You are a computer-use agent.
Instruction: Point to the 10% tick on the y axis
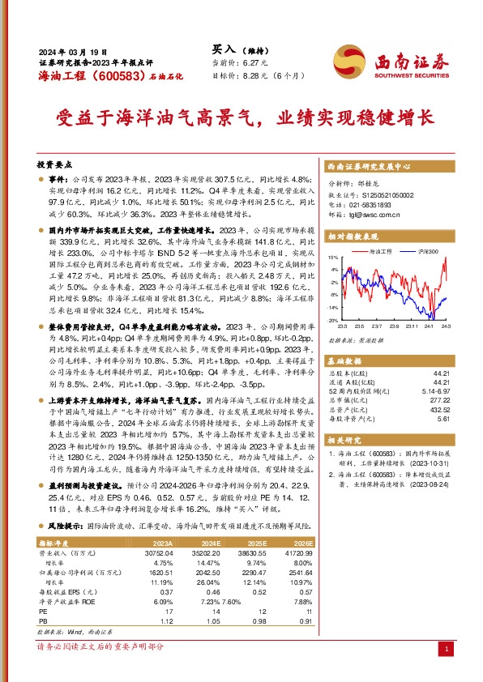coord(332,257)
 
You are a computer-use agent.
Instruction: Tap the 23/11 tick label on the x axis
coord(413,326)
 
